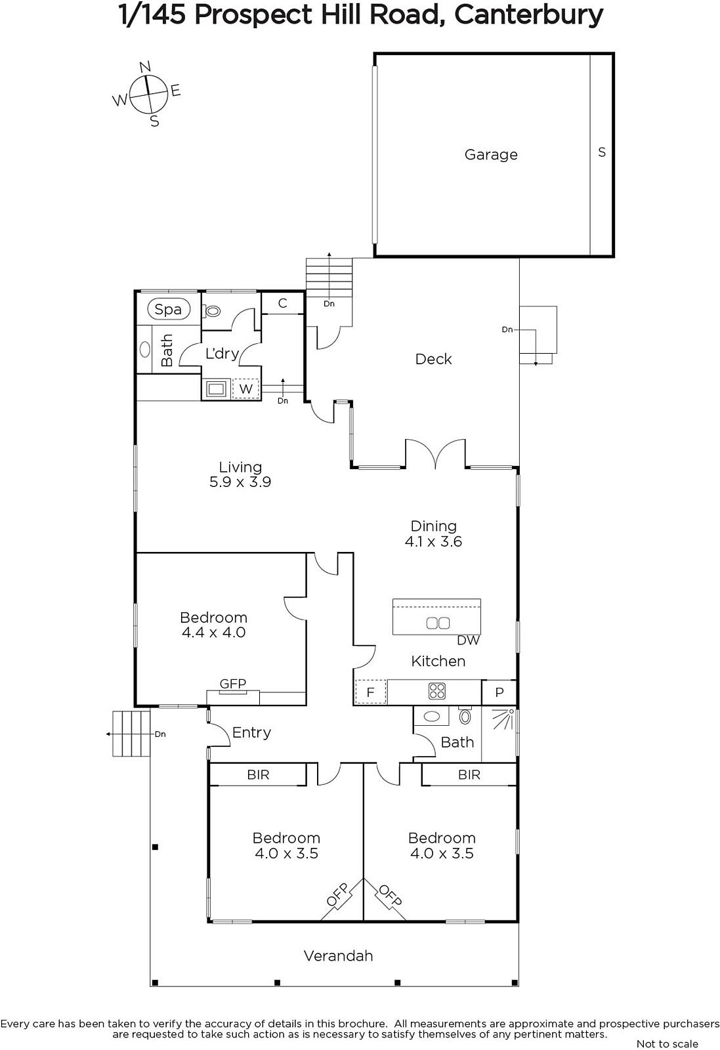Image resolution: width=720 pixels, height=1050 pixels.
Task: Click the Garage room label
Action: pyautogui.click(x=491, y=155)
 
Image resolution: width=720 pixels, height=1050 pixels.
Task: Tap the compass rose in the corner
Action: pyautogui.click(x=148, y=94)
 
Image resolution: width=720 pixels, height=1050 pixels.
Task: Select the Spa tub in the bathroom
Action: pyautogui.click(x=168, y=309)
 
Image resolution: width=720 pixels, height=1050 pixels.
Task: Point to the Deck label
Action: pyautogui.click(x=434, y=359)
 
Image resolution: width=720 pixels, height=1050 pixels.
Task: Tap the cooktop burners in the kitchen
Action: pyautogui.click(x=437, y=692)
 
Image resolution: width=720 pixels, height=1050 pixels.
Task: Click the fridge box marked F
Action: pyautogui.click(x=371, y=692)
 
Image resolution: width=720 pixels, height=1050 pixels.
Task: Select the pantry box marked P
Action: pyautogui.click(x=499, y=692)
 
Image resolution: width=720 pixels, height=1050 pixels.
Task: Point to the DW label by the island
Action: pyautogui.click(x=468, y=640)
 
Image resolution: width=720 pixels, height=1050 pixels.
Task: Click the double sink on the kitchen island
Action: pyautogui.click(x=438, y=623)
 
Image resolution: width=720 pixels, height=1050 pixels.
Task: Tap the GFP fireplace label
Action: pyautogui.click(x=233, y=684)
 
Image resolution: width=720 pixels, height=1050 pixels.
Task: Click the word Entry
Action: pyautogui.click(x=252, y=732)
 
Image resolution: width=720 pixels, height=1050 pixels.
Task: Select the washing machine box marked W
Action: pyautogui.click(x=246, y=388)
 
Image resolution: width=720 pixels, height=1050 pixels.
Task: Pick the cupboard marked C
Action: pyautogui.click(x=283, y=303)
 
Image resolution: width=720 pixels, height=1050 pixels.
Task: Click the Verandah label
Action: pyautogui.click(x=339, y=956)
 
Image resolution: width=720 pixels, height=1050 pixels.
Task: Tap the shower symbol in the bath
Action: pyautogui.click(x=503, y=719)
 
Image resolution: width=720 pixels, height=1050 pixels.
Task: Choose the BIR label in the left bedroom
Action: pyautogui.click(x=259, y=775)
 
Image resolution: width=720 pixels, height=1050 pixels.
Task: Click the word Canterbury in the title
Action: pyautogui.click(x=528, y=16)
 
